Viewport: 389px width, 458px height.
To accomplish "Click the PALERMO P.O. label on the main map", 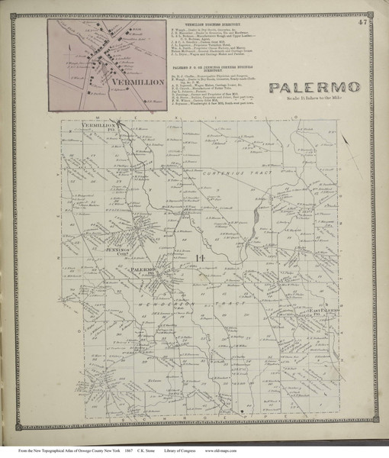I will click(141, 272).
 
